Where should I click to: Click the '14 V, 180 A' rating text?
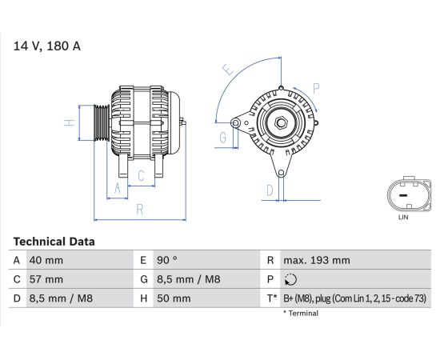(47, 46)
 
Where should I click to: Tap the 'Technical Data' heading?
(54, 242)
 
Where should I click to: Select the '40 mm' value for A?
(46, 260)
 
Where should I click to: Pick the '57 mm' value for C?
(46, 279)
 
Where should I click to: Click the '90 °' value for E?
(167, 260)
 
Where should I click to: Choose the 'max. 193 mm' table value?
(317, 260)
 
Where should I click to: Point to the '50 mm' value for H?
(174, 298)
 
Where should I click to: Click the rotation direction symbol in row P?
(290, 280)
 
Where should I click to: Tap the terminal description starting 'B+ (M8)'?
(355, 298)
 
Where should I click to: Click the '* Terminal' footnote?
(301, 313)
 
